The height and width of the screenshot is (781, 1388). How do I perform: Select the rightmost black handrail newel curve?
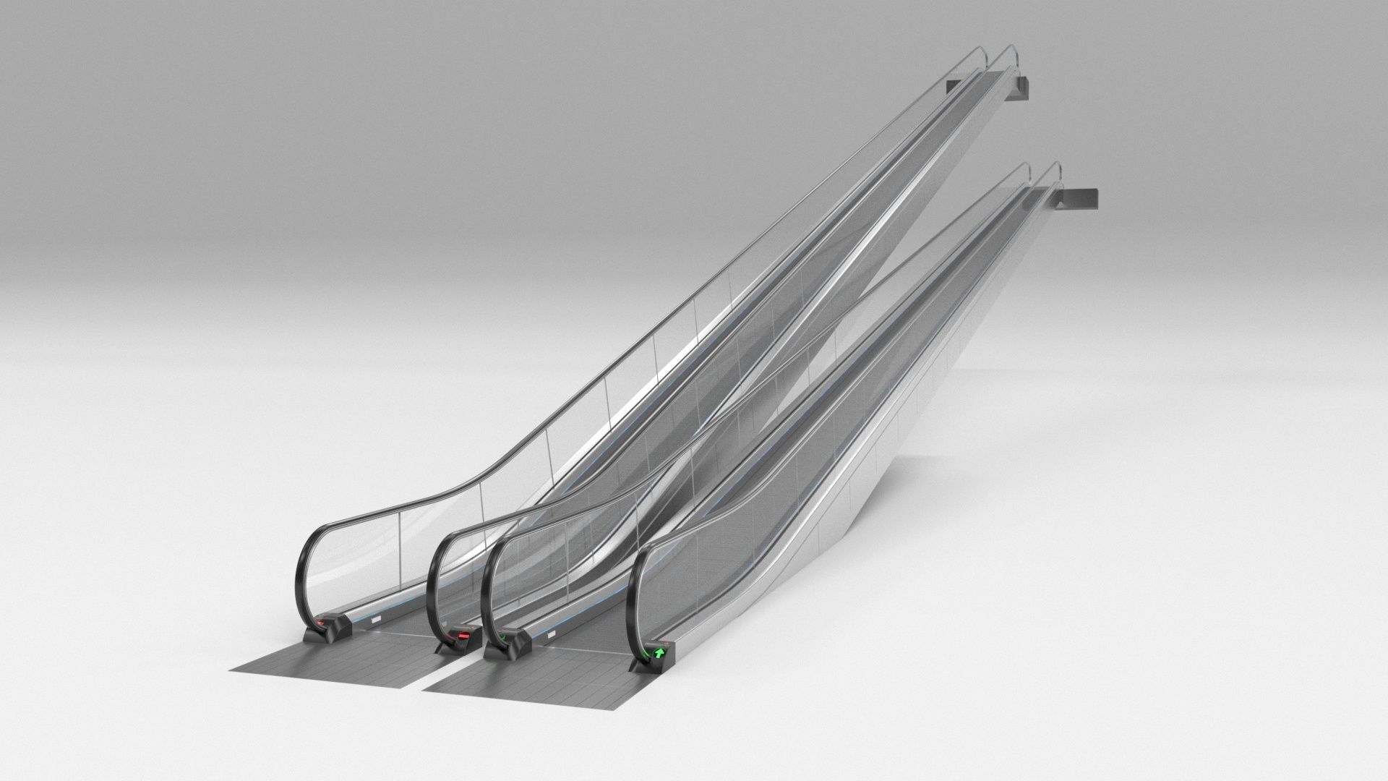click(630, 593)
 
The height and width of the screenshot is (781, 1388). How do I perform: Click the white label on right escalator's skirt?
click(553, 634)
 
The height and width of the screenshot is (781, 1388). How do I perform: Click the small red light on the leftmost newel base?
click(320, 621)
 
